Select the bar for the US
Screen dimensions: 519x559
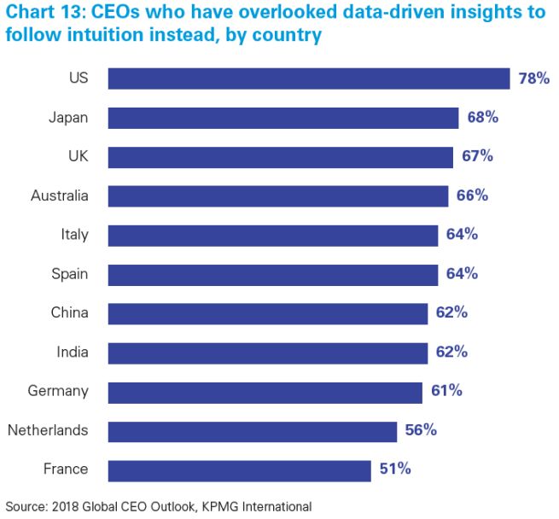coord(309,79)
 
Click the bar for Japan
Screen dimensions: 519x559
coord(283,118)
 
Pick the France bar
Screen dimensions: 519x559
coord(240,469)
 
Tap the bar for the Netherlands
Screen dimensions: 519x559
coord(253,430)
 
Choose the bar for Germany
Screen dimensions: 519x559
coord(265,391)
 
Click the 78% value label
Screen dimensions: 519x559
coord(534,79)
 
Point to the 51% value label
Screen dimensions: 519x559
coord(395,469)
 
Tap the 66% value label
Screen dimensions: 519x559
coord(472,195)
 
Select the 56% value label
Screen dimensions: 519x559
coord(421,430)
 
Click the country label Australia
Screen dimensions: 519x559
coord(59,196)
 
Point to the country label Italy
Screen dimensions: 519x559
coord(74,235)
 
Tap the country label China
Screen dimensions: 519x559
coord(69,312)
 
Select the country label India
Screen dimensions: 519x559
coord(72,352)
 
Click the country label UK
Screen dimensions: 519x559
coord(78,157)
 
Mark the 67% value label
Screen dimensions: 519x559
coord(477,157)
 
